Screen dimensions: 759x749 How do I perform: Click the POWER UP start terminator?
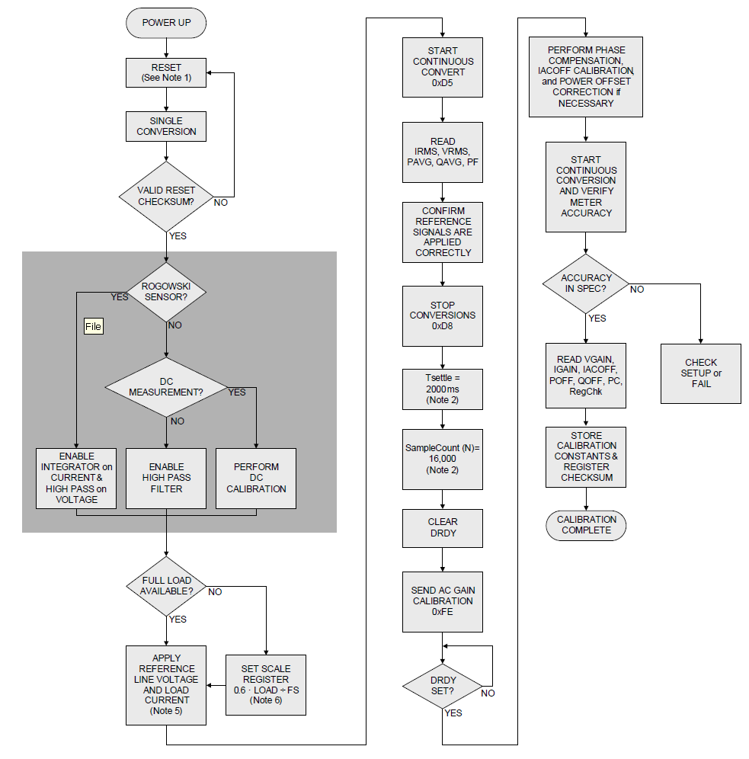[x=166, y=23]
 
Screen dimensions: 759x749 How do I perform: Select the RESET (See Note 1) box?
[x=166, y=72]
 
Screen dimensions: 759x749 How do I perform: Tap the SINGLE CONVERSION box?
[x=166, y=126]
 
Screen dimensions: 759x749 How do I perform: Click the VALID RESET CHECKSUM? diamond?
[x=166, y=196]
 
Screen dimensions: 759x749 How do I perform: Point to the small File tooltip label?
[x=93, y=326]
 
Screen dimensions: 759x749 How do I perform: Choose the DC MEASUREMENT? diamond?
[x=166, y=386]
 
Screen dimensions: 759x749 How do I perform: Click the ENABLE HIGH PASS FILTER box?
[x=166, y=478]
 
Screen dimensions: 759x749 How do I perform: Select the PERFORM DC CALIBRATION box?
[x=256, y=478]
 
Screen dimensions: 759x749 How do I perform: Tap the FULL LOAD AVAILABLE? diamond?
[x=166, y=585]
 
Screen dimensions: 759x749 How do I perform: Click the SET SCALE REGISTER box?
[x=266, y=684]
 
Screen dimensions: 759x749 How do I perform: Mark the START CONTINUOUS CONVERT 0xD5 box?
[x=443, y=67]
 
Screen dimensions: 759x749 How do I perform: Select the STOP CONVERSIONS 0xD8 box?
[x=443, y=315]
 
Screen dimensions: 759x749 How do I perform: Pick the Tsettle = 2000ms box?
[x=443, y=388]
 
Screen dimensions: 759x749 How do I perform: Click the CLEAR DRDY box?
[x=443, y=528]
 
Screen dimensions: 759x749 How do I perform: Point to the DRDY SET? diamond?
[x=443, y=685]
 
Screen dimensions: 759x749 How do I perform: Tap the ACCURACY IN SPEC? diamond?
[x=586, y=283]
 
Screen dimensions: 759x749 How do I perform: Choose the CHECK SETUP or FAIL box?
[x=701, y=373]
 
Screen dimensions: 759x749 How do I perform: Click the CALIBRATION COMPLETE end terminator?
[x=586, y=525]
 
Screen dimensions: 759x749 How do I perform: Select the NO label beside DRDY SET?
[x=488, y=693]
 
